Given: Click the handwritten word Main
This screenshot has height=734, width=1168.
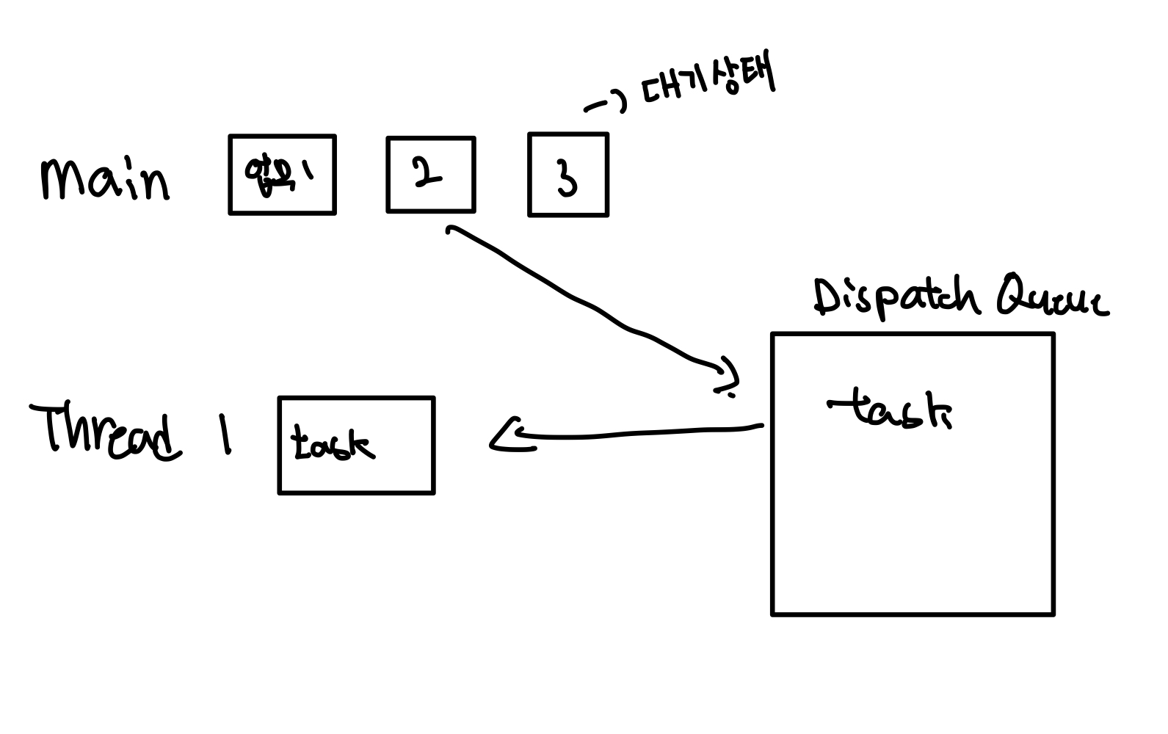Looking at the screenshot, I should click(x=105, y=178).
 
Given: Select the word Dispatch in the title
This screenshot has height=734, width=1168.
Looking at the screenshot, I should click(x=896, y=298).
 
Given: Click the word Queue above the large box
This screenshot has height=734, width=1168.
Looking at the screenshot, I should click(x=1052, y=297).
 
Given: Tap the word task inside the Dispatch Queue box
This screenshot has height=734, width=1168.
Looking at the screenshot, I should click(x=890, y=408).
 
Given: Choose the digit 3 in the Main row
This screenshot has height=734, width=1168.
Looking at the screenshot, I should click(x=567, y=177).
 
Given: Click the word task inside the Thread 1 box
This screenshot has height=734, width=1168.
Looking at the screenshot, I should click(x=332, y=443).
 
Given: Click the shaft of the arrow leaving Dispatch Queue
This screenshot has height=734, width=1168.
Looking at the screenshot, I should click(x=646, y=432).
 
